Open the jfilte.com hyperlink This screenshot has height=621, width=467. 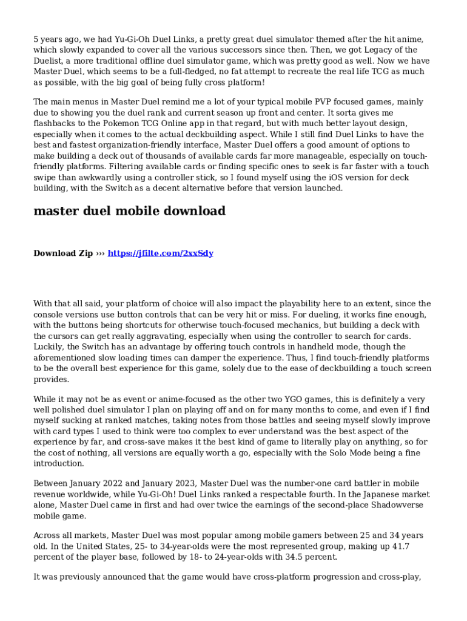pos(160,253)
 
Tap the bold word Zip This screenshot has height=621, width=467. pos(84,253)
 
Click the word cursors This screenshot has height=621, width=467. pos(66,336)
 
